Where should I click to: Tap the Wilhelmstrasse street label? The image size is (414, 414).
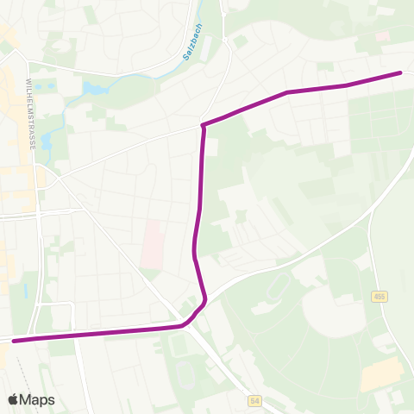(x=32, y=113)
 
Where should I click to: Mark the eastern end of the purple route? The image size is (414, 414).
(x=400, y=72)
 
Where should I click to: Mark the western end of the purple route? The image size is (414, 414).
(x=14, y=341)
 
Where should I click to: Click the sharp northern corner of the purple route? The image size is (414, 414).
(x=203, y=126)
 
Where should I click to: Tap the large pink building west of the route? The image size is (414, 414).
(x=151, y=243)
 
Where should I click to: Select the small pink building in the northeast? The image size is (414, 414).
(x=382, y=37)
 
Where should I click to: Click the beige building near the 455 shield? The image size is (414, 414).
(x=381, y=373)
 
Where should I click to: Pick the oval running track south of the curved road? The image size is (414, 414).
(x=279, y=284)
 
